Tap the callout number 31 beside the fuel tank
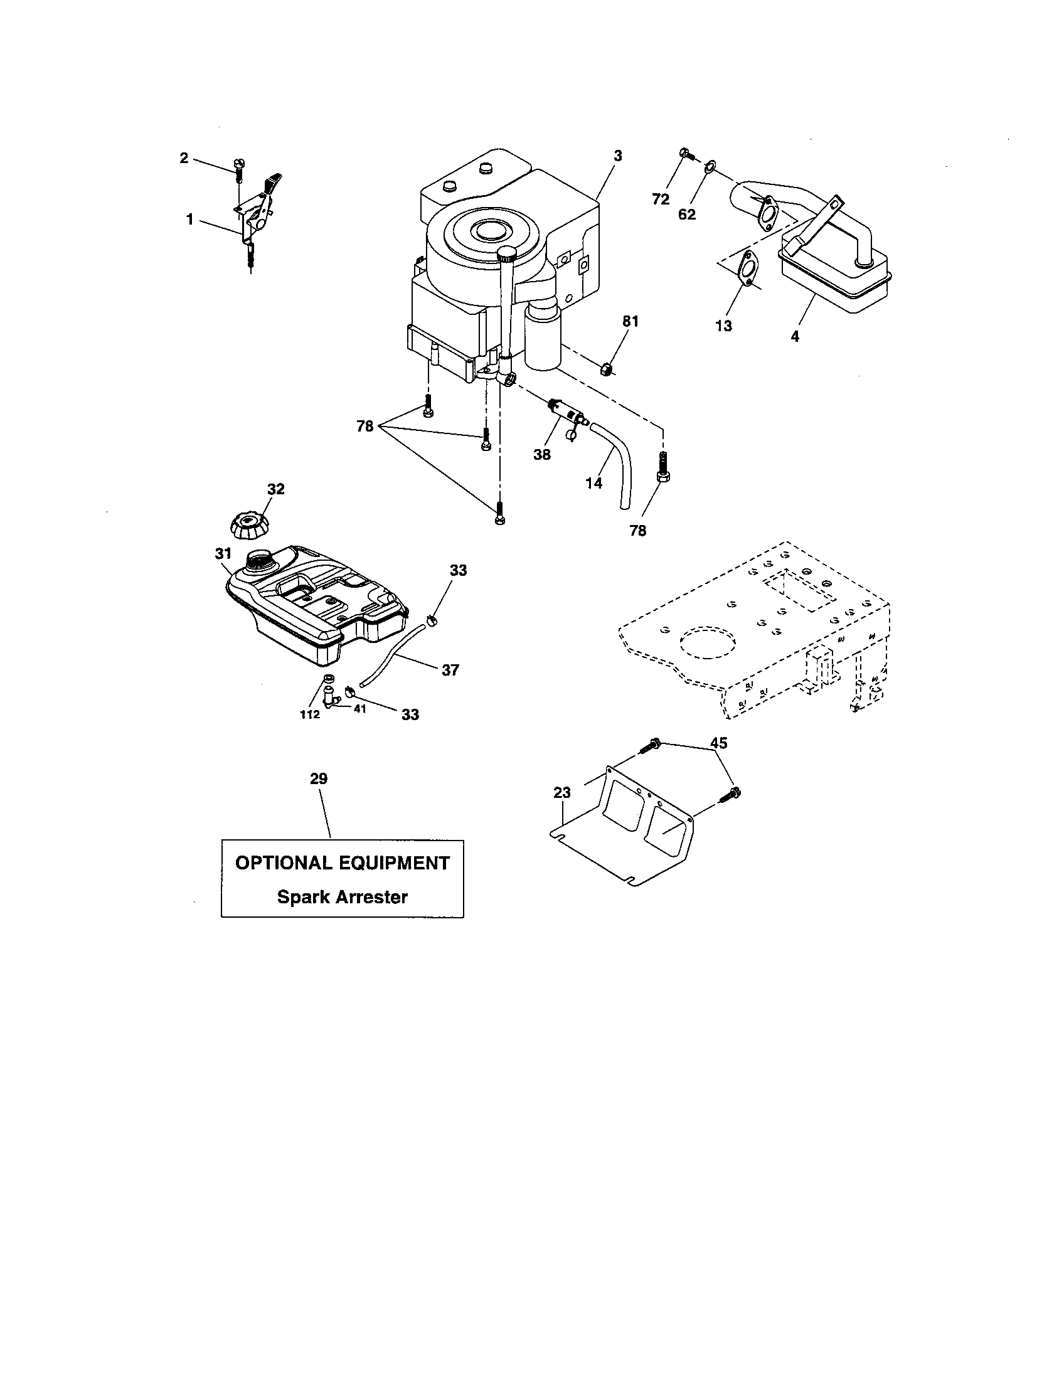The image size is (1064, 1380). [223, 554]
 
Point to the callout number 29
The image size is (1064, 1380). [319, 779]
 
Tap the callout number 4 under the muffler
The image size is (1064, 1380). [795, 337]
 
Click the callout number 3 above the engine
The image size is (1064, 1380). [617, 156]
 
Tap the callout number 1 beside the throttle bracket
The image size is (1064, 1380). [189, 220]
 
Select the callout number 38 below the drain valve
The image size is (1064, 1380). [541, 454]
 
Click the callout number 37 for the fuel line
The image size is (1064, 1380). [450, 670]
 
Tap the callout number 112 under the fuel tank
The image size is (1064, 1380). [309, 714]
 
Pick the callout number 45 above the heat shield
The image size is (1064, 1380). [718, 743]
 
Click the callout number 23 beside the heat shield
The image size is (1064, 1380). [562, 792]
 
